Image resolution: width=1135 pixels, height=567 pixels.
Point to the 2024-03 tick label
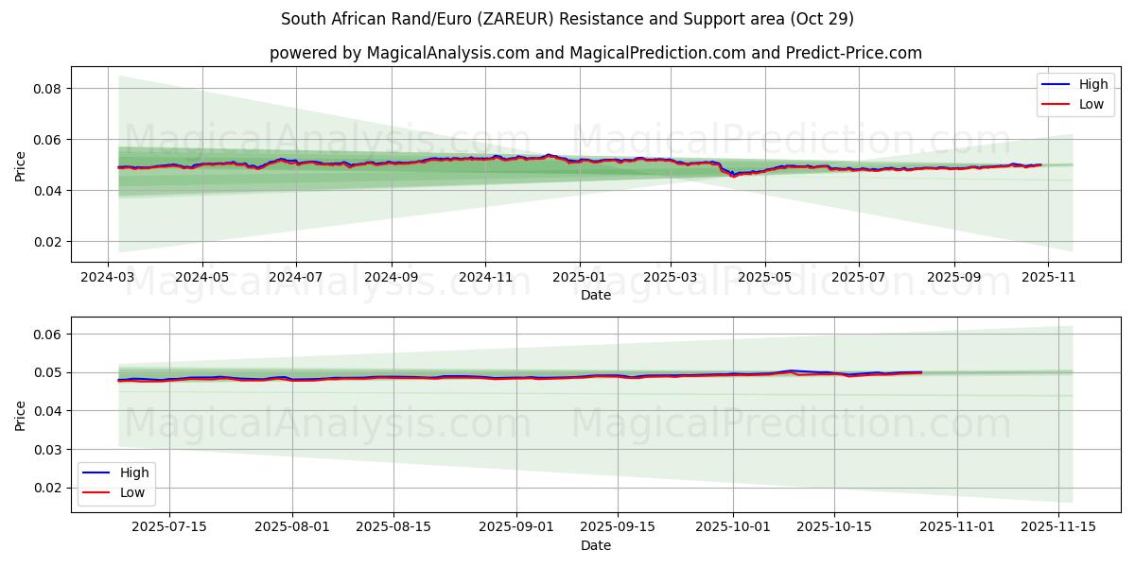pyautogui.click(x=108, y=279)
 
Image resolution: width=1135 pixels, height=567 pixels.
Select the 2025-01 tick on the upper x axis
pyautogui.click(x=579, y=279)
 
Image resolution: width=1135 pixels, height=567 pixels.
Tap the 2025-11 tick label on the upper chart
pyautogui.click(x=1047, y=279)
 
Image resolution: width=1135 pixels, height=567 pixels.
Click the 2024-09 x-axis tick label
pyautogui.click(x=391, y=279)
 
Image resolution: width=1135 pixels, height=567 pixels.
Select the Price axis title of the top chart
pyautogui.click(x=20, y=165)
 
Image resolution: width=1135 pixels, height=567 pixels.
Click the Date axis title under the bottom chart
pyautogui.click(x=596, y=545)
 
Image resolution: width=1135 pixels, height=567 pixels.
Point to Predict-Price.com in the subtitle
pyautogui.click(x=853, y=53)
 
